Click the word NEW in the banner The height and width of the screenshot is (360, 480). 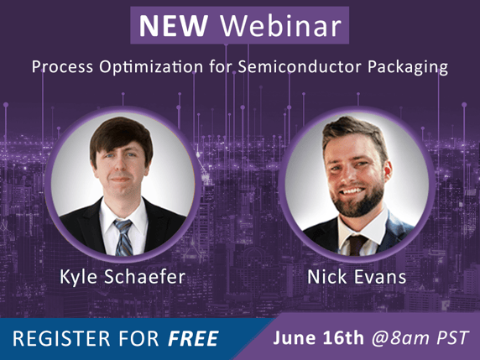pyautogui.click(x=173, y=26)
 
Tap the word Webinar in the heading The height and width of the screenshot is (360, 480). pyautogui.click(x=281, y=25)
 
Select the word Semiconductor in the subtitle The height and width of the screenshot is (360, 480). pyautogui.click(x=300, y=67)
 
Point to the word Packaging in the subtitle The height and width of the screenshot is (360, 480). pyautogui.click(x=408, y=68)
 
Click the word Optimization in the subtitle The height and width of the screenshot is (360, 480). pyautogui.click(x=151, y=67)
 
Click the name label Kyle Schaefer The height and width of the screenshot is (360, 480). pyautogui.click(x=123, y=278)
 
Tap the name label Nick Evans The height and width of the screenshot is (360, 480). pyautogui.click(x=357, y=277)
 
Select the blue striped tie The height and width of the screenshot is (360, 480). pyautogui.click(x=123, y=237)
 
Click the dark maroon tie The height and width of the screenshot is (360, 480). pyautogui.click(x=357, y=244)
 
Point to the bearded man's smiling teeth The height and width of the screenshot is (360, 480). pyautogui.click(x=352, y=191)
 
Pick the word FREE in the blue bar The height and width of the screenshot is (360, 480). pyautogui.click(x=193, y=338)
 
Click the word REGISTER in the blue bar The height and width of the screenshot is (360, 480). pyautogui.click(x=61, y=338)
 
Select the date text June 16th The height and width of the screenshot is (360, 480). pyautogui.click(x=318, y=337)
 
